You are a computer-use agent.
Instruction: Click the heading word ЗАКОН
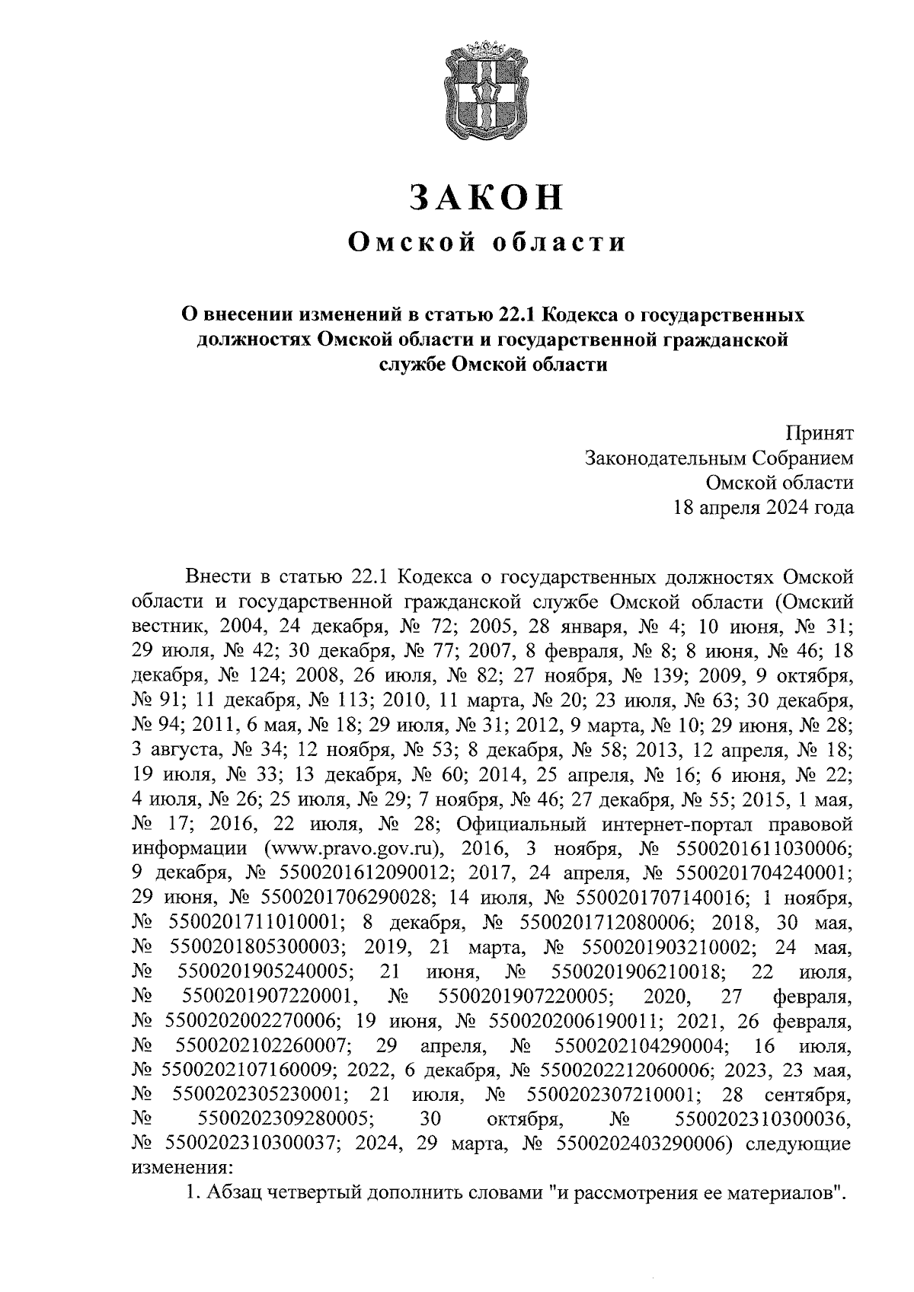[x=487, y=197]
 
